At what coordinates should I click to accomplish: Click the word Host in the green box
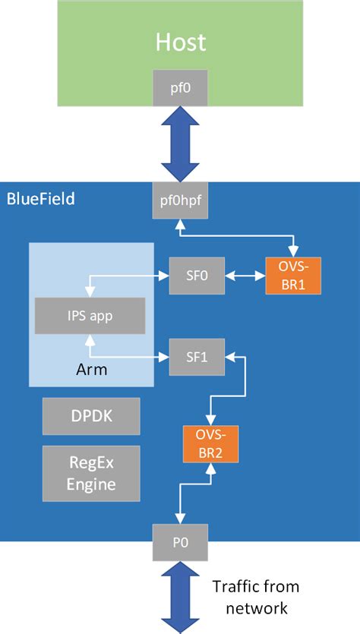point(180,41)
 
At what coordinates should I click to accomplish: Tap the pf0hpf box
point(180,202)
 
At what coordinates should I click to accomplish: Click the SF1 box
point(197,356)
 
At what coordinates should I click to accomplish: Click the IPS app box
point(90,315)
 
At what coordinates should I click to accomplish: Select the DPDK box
point(90,416)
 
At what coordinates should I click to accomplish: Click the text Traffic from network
point(254,597)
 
